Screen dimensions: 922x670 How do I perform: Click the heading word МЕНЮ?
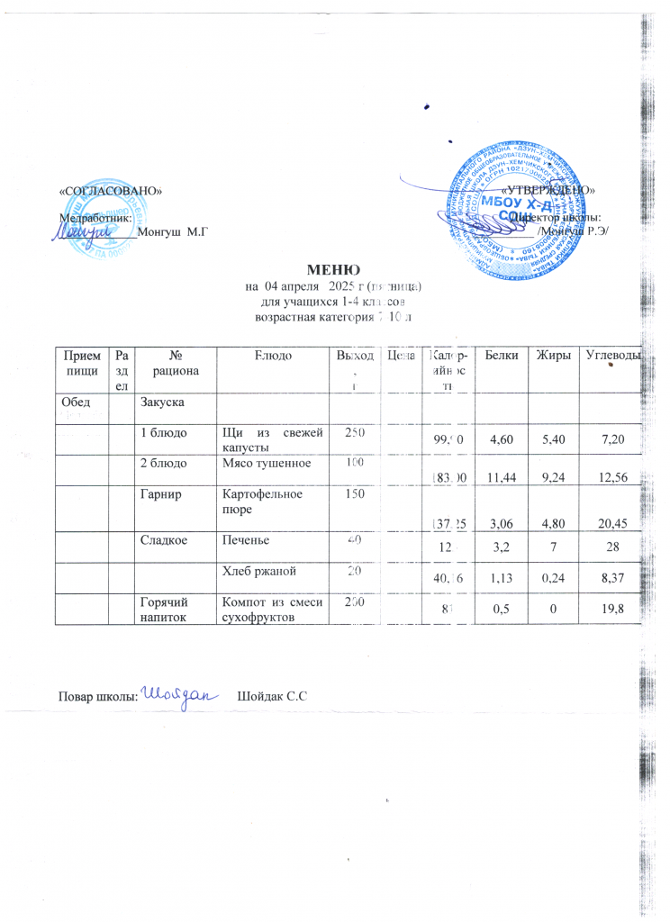334,268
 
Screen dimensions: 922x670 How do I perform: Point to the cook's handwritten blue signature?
181,694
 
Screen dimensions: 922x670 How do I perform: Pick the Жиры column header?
557,357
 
